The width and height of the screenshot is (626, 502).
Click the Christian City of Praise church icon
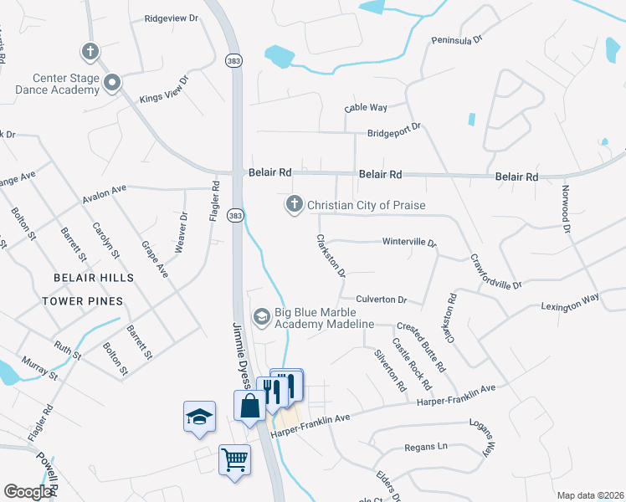tap(294, 204)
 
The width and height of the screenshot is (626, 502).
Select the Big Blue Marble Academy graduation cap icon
tap(261, 315)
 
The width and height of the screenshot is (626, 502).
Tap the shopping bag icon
tap(250, 407)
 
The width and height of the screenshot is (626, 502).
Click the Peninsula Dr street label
tap(457, 39)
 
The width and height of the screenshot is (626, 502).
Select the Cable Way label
tap(366, 108)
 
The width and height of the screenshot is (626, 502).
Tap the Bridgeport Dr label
tap(393, 132)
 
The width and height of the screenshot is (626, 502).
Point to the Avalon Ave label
tap(104, 194)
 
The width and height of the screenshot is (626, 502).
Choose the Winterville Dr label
tap(409, 243)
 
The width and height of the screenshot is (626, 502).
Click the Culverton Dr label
tap(381, 299)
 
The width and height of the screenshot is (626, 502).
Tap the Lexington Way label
tap(570, 302)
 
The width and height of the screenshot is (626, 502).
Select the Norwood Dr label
tap(567, 209)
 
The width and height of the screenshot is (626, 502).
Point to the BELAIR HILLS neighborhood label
tap(93, 278)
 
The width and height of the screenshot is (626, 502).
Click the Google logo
tap(28, 491)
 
